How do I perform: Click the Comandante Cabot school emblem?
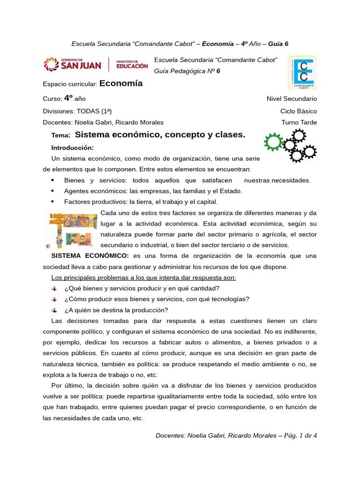point(301,73)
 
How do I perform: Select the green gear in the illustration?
point(273,142)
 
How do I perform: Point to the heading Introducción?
point(73,148)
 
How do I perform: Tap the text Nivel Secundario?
point(292,99)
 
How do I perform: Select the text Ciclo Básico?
point(299,111)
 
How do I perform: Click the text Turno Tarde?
point(299,122)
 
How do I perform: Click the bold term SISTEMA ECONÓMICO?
point(90,256)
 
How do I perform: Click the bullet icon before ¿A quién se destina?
point(54,310)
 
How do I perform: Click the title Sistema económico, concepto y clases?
point(160,135)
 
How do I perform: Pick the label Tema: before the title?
point(60,135)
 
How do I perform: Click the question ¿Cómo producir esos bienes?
point(157,299)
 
